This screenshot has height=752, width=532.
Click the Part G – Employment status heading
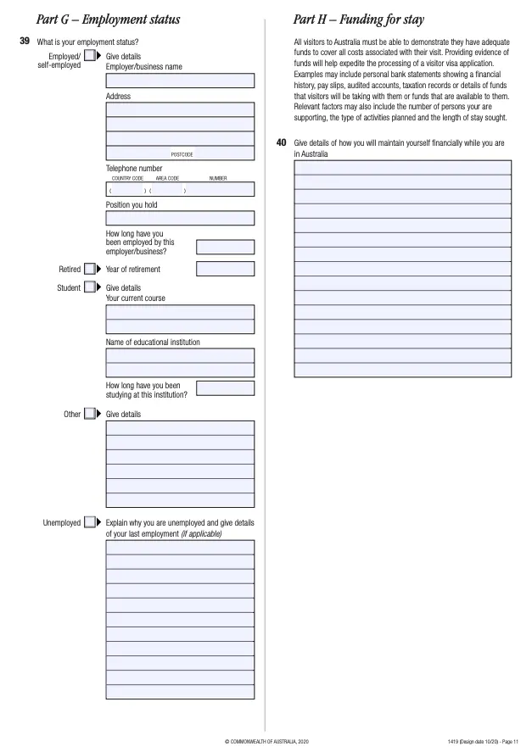tap(108, 19)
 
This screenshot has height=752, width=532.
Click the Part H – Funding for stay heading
tap(359, 19)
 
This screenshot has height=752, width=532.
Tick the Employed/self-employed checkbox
tap(90, 56)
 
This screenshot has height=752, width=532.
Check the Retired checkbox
tap(90, 270)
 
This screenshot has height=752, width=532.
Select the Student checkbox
tap(90, 288)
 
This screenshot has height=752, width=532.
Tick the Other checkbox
tap(90, 415)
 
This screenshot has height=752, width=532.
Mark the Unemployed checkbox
tap(90, 523)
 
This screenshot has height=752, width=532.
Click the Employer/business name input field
tap(180, 81)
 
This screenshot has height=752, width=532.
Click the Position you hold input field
tap(180, 219)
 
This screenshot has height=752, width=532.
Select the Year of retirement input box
tap(225, 270)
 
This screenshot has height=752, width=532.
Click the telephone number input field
tap(180, 190)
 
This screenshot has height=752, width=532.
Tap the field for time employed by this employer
tap(225, 247)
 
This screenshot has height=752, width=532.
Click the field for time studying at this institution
tap(225, 388)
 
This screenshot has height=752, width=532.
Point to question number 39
tap(25, 41)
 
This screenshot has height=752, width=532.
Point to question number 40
tap(282, 142)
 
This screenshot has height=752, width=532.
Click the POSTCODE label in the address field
tap(182, 154)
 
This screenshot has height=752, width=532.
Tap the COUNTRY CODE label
tap(127, 179)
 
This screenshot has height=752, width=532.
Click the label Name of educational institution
tap(153, 343)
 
